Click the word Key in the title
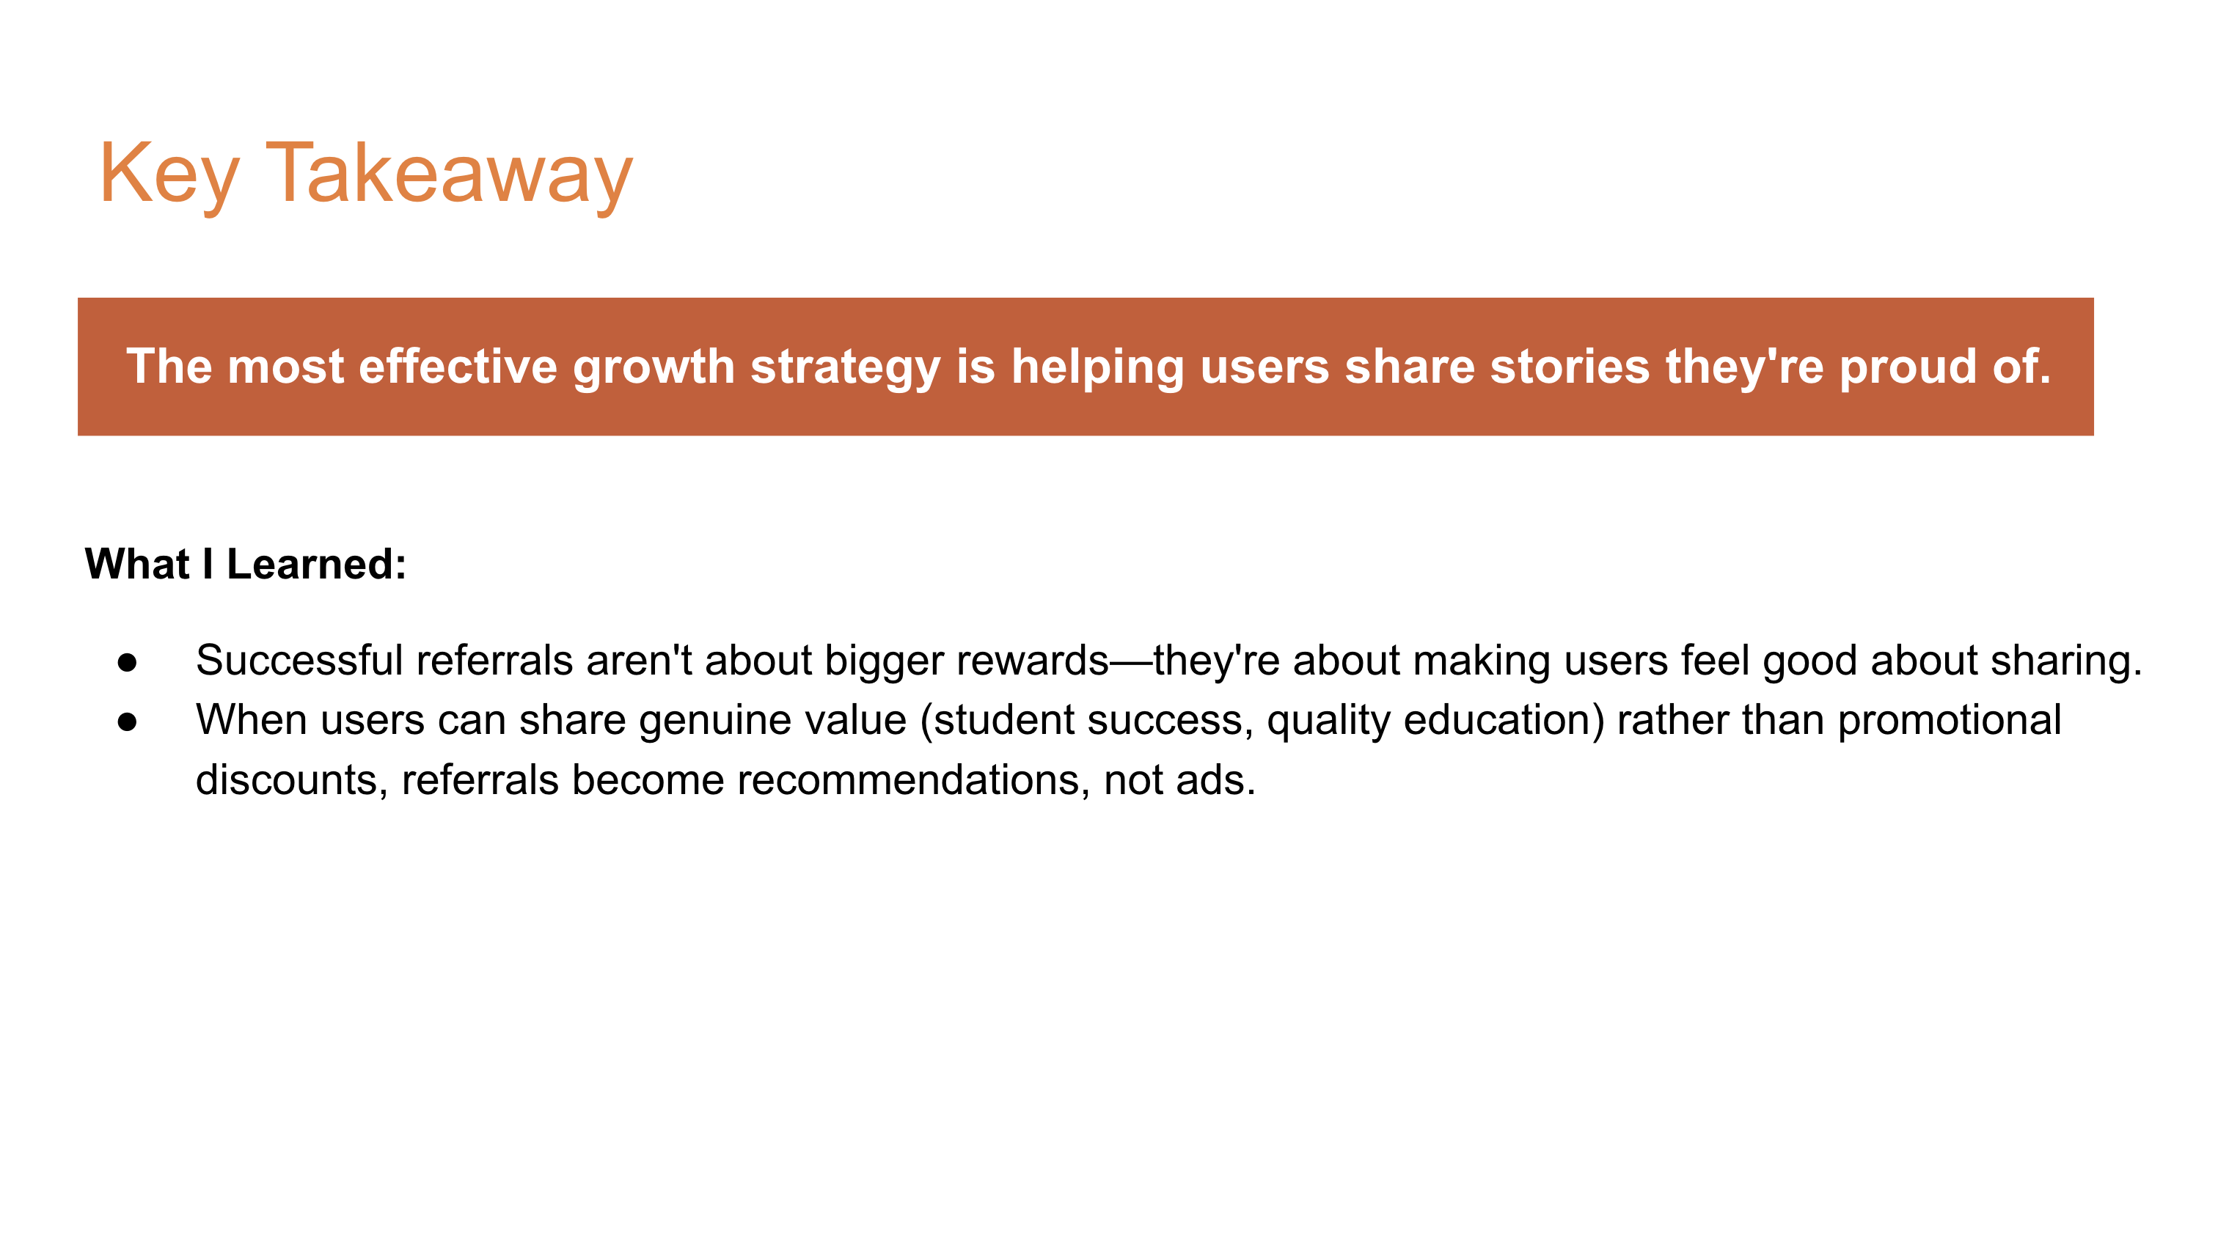pyautogui.click(x=168, y=174)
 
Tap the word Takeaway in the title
pyautogui.click(x=449, y=174)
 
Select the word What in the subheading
pyautogui.click(x=137, y=564)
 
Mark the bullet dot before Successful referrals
pyautogui.click(x=128, y=662)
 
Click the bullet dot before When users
pyautogui.click(x=128, y=721)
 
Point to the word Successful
pyautogui.click(x=299, y=661)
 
